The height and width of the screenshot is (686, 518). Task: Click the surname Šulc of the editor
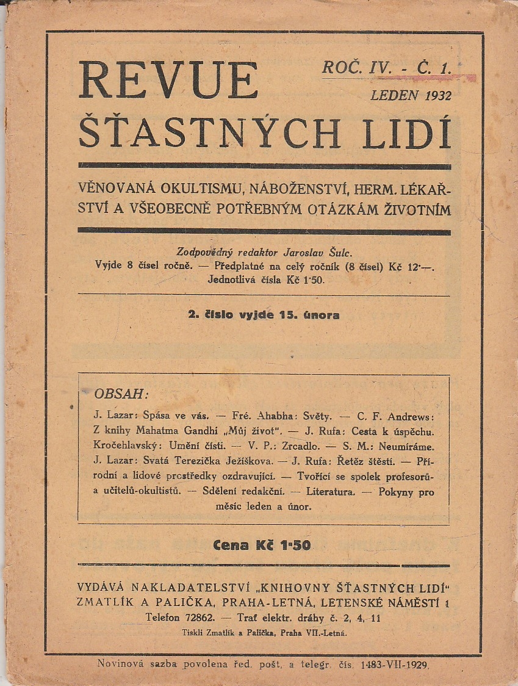340,252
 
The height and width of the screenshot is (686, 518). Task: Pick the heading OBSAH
121,392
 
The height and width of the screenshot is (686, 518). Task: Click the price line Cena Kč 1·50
262,546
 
